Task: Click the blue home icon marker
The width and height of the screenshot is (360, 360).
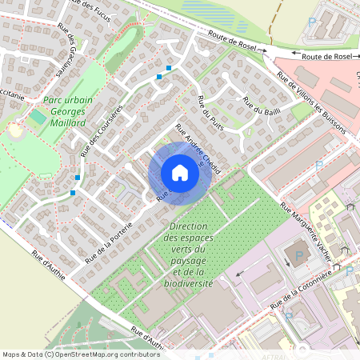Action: click(x=179, y=173)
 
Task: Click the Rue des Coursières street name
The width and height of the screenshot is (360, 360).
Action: click(x=102, y=131)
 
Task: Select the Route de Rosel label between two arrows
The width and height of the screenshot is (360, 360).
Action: click(x=326, y=56)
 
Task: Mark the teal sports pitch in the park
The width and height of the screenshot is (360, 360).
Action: click(x=38, y=117)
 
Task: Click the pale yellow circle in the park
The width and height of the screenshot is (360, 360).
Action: click(x=16, y=128)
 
